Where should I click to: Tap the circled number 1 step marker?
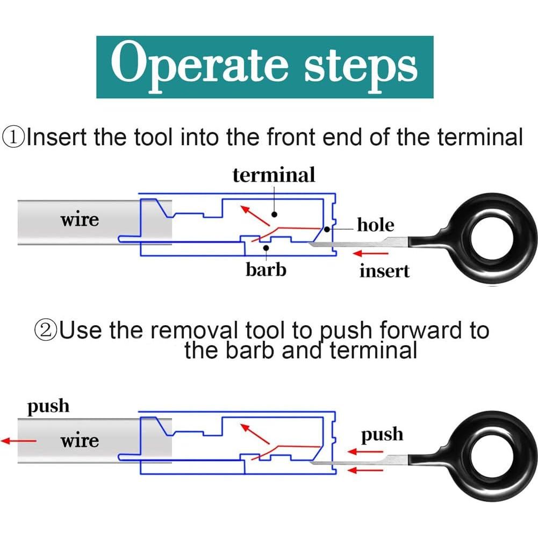[13, 137]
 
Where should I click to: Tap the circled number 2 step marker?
[46, 329]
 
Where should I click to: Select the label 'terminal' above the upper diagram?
[274, 175]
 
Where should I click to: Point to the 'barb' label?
[266, 269]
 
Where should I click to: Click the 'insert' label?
[384, 271]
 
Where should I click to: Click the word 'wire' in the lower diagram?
[80, 441]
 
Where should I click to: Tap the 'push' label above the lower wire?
[48, 406]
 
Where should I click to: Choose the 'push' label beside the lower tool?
[382, 434]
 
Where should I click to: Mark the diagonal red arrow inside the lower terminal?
[255, 435]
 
